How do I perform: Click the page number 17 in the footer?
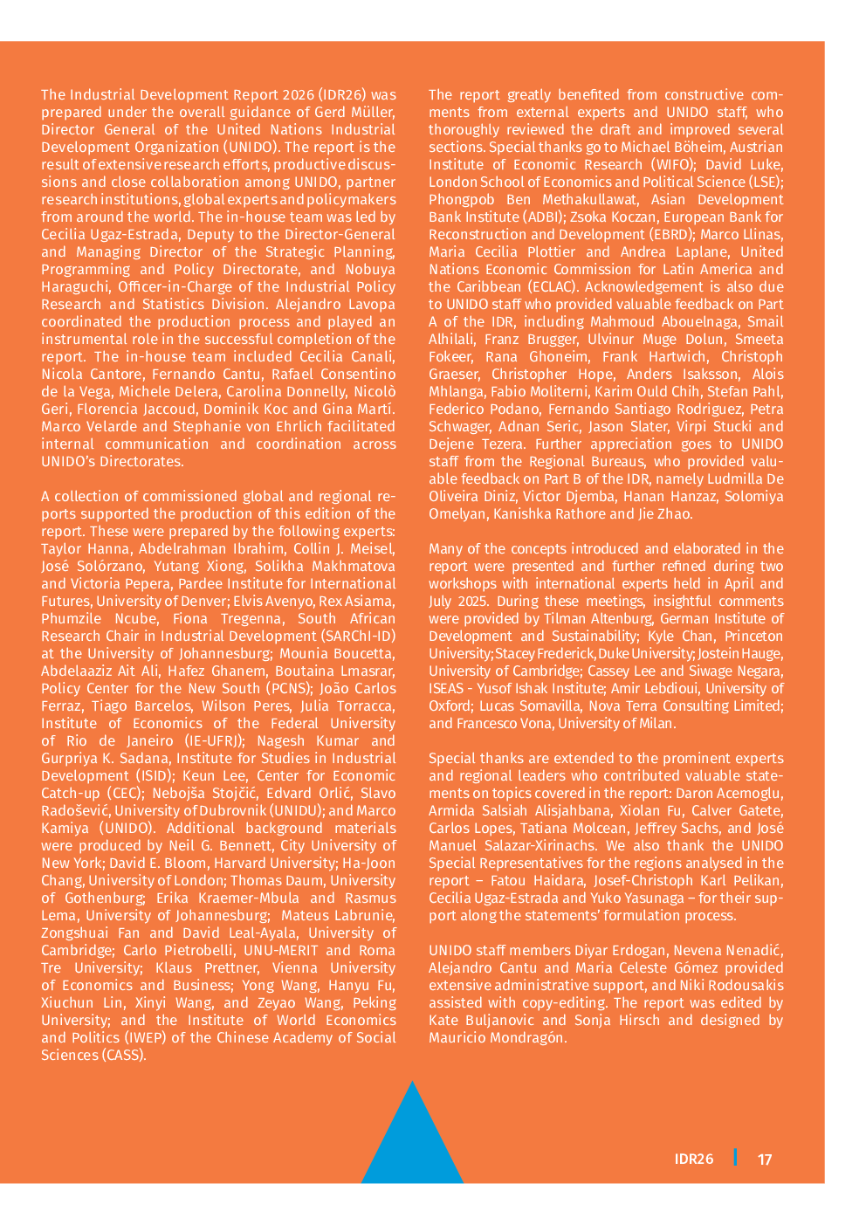pos(765,1160)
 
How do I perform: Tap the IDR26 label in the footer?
pos(694,1160)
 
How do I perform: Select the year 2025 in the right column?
pos(478,602)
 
